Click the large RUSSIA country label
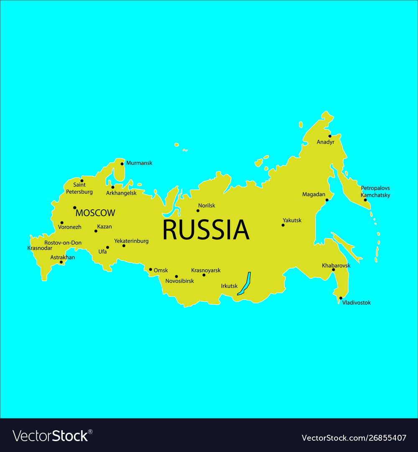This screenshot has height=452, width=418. click(206, 230)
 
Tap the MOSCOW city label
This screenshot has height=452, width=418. click(95, 213)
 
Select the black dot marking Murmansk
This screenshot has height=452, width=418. click(122, 164)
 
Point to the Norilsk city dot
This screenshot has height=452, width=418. click(198, 211)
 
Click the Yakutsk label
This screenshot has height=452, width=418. click(292, 220)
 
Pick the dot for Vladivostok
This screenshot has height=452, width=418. click(341, 298)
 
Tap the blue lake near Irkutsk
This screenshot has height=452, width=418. click(244, 284)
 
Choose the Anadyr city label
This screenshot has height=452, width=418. click(326, 142)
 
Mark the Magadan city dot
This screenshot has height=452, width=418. click(327, 200)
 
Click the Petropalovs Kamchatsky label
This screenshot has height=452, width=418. click(375, 192)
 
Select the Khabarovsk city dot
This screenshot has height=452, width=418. click(333, 270)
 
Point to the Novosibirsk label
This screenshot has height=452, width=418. click(180, 281)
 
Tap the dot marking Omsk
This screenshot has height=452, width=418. click(150, 270)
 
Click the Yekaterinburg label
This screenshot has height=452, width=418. click(131, 241)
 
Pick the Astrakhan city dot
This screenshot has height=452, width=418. click(61, 262)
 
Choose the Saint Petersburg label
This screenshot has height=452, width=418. click(79, 188)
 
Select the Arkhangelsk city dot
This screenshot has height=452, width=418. click(112, 187)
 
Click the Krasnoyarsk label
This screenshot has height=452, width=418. click(206, 270)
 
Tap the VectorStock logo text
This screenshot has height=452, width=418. click(51, 436)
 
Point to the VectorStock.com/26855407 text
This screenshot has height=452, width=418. click(354, 438)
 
